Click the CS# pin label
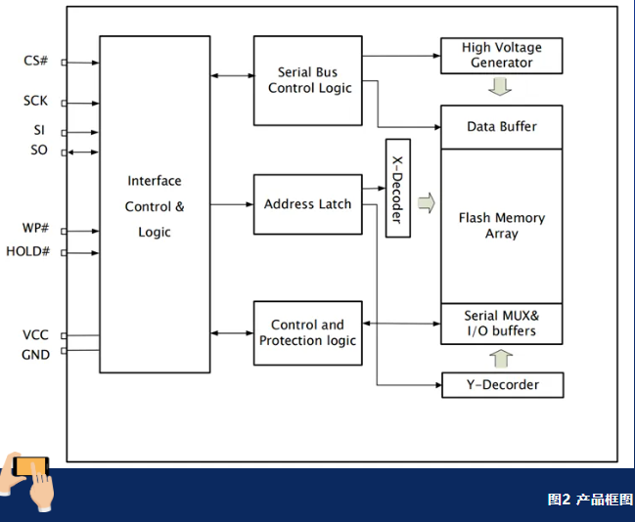pyautogui.click(x=36, y=62)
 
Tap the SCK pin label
pyautogui.click(x=35, y=101)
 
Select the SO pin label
pyautogui.click(x=38, y=151)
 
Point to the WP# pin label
pyautogui.click(x=36, y=229)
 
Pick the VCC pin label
pyautogui.click(x=36, y=335)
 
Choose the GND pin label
pyautogui.click(x=36, y=355)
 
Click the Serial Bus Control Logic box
pyautogui.click(x=307, y=80)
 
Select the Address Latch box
pyautogui.click(x=307, y=204)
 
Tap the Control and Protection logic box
pyautogui.click(x=307, y=332)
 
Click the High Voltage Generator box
pyautogui.click(x=501, y=56)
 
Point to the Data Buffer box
pyautogui.click(x=501, y=127)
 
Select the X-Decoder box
pyautogui.click(x=397, y=189)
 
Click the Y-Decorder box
pyautogui.click(x=503, y=384)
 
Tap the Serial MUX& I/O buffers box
pyautogui.click(x=501, y=325)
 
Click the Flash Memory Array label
pyautogui.click(x=501, y=226)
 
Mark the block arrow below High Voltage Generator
pyautogui.click(x=501, y=87)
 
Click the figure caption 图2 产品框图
pyautogui.click(x=590, y=500)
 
